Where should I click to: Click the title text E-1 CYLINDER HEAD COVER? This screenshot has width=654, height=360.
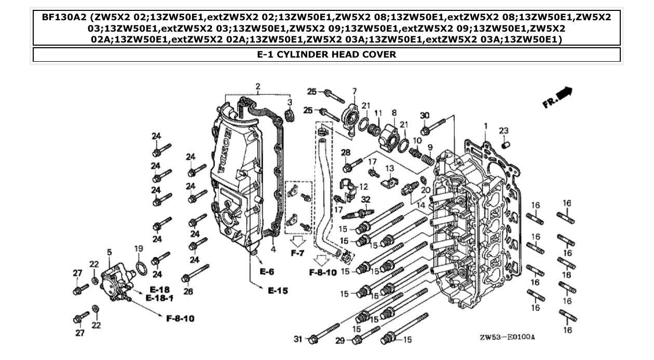326,54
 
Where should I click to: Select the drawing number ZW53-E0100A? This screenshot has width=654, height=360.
507,337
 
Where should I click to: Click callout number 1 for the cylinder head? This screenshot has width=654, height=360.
486,126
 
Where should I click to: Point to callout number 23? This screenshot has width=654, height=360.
503,130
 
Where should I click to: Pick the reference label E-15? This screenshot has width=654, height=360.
278,291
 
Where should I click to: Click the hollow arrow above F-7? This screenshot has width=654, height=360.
297,241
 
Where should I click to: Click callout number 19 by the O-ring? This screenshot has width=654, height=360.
138,249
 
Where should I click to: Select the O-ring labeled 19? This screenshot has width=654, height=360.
140,268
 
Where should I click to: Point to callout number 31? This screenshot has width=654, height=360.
297,339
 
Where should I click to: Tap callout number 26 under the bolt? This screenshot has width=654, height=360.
188,292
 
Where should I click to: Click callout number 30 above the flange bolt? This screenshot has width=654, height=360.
425,115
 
